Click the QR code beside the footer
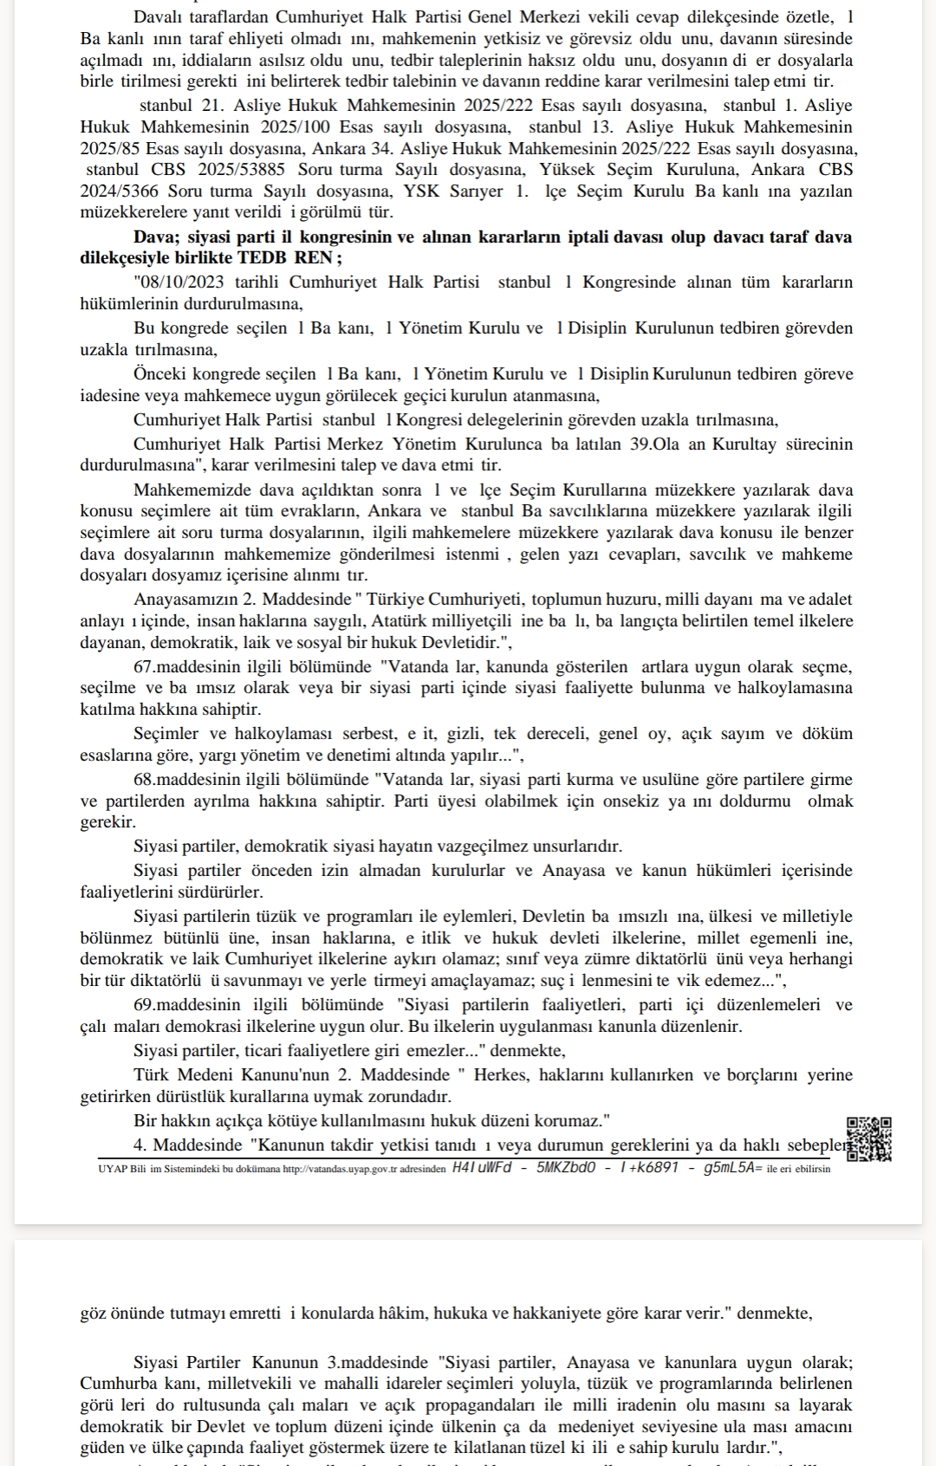point(869,1138)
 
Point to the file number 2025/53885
point(244,170)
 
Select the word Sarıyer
point(476,191)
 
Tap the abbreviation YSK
point(421,191)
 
